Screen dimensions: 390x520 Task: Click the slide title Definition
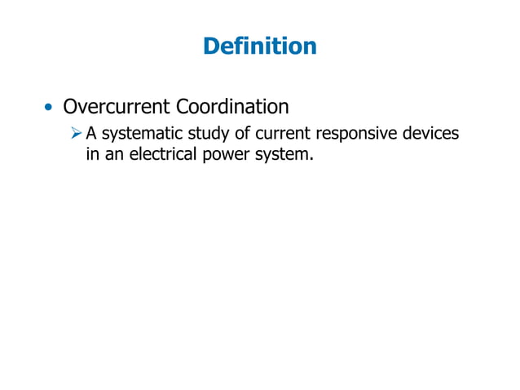click(259, 47)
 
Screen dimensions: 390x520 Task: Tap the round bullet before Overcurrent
click(51, 109)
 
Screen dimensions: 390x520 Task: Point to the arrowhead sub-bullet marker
click(76, 134)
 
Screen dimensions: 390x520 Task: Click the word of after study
click(242, 134)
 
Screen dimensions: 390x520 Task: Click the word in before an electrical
click(92, 153)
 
